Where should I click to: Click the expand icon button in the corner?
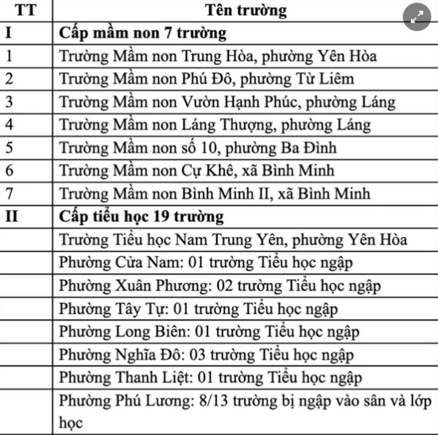(x=417, y=18)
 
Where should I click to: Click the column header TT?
(x=26, y=10)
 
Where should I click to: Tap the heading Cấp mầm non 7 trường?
(x=142, y=33)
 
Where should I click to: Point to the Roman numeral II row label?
(x=11, y=217)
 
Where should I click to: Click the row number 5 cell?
(x=9, y=148)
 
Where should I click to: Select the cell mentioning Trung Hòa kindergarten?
(x=218, y=56)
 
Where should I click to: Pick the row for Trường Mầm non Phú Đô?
(x=206, y=79)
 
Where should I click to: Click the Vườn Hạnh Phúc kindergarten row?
(x=227, y=102)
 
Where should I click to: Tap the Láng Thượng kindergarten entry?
(x=215, y=125)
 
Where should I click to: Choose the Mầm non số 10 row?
(x=198, y=148)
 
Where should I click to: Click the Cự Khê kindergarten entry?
(x=197, y=171)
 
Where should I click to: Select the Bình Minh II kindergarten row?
(x=215, y=194)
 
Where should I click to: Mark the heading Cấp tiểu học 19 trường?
(x=141, y=217)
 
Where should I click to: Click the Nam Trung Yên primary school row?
(x=233, y=240)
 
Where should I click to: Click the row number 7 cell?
(x=9, y=194)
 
